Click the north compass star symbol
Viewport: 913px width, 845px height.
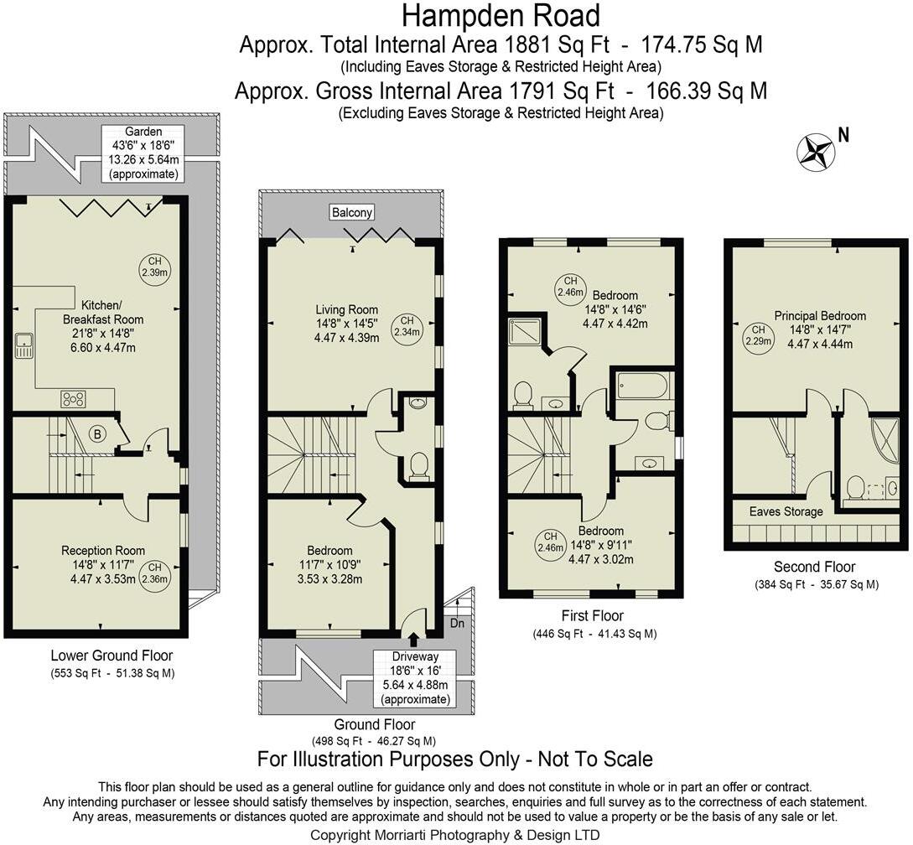[x=815, y=151]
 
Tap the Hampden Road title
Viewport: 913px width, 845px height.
[x=501, y=16]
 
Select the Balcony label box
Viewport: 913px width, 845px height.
[x=351, y=213]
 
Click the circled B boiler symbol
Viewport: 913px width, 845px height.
[x=98, y=434]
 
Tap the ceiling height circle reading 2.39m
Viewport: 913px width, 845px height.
[x=154, y=266]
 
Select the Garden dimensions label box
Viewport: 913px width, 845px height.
[x=143, y=153]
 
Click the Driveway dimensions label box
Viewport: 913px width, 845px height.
[x=415, y=677]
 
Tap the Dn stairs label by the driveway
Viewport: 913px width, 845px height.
[x=457, y=624]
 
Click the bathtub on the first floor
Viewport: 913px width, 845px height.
[x=643, y=387]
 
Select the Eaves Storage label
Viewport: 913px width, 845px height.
[x=786, y=511]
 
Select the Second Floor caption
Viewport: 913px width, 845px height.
[x=802, y=568]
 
